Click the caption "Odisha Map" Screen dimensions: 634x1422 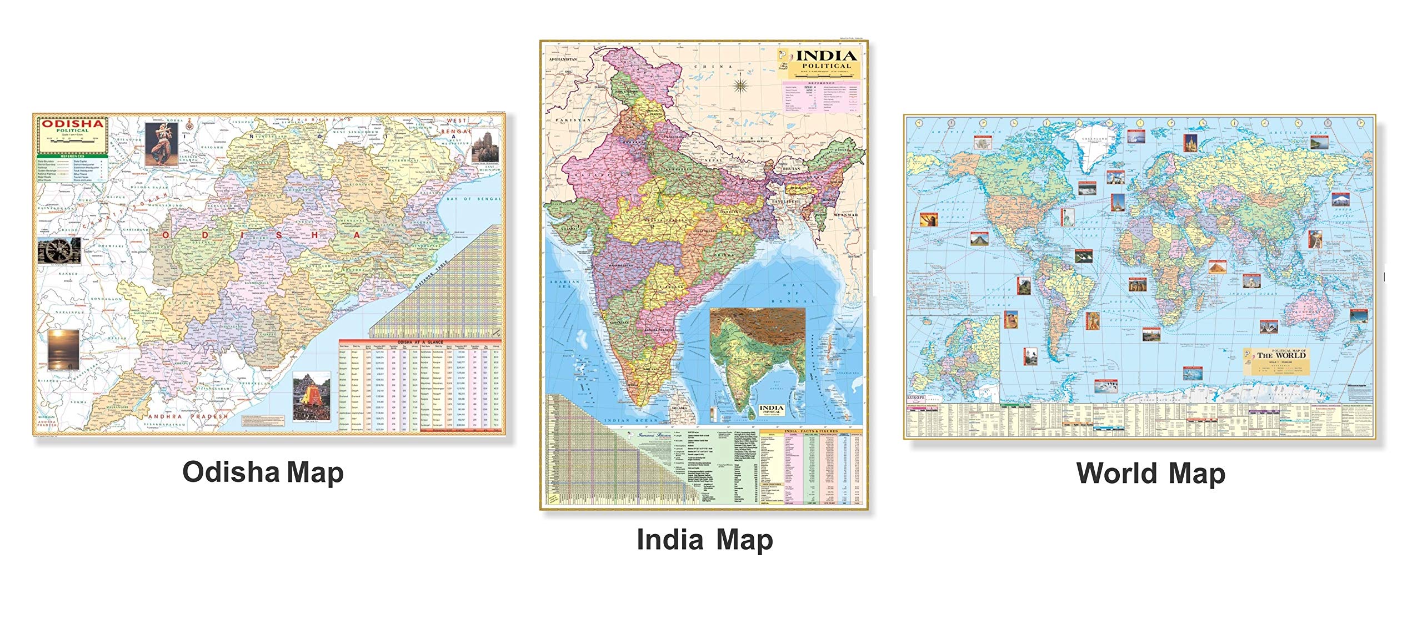[263, 473]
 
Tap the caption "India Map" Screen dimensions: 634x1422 [704, 540]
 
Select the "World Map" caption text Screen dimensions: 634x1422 [1150, 474]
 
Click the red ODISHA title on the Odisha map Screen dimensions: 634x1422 [73, 124]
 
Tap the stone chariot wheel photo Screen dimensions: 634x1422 [59, 251]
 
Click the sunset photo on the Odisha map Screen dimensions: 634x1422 [63, 350]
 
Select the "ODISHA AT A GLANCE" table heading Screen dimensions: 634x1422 [420, 343]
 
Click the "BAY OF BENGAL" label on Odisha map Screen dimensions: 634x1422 [474, 199]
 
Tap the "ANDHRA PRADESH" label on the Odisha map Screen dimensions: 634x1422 [187, 416]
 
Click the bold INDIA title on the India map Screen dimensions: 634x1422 [826, 56]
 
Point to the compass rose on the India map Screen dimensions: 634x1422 [740, 85]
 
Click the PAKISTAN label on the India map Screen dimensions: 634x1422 [573, 120]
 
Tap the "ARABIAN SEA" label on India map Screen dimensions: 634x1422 [564, 284]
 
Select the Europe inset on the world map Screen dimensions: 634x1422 [953, 361]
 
